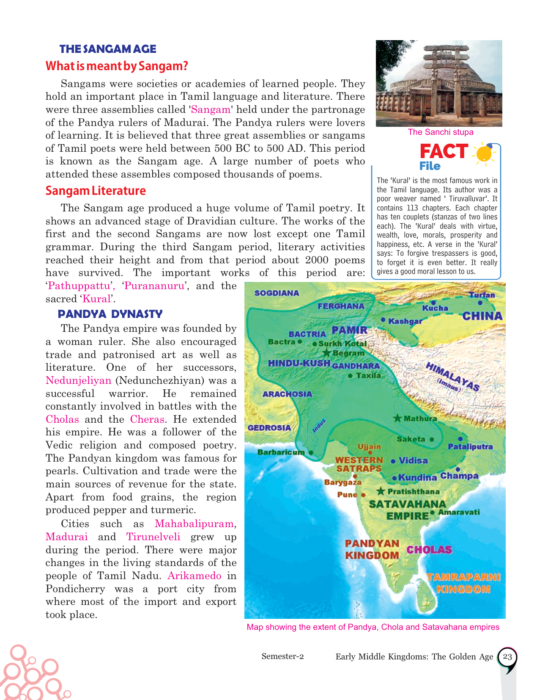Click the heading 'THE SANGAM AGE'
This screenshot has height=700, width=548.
108,49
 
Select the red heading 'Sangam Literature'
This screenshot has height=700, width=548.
96,191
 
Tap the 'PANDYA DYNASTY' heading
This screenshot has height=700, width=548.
110,314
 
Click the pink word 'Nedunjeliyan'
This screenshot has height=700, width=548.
78,380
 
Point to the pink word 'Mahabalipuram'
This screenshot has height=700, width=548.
194,524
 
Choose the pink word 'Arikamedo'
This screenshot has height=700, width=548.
195,576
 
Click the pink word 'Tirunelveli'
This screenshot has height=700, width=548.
153,537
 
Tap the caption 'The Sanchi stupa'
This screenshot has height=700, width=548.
441,132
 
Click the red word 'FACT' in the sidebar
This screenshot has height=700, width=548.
444,151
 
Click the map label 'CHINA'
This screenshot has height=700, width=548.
482,316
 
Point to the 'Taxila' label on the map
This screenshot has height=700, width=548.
368,375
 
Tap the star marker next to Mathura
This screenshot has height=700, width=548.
397,418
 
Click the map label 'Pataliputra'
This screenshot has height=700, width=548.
470,447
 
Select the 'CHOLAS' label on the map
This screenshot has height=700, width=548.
429,550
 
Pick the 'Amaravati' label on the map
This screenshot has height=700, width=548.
459,512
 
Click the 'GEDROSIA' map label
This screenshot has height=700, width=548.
269,428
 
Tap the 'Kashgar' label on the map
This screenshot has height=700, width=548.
405,321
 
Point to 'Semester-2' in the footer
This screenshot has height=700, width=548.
282,656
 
